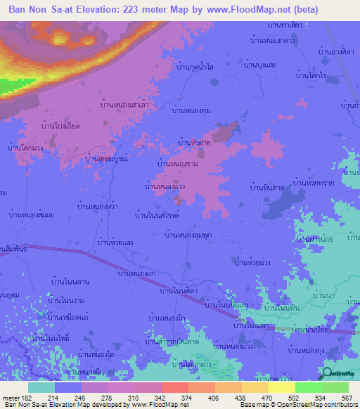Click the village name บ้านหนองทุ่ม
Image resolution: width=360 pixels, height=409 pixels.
point(191,110)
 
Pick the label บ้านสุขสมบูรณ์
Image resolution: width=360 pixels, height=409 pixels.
point(105,158)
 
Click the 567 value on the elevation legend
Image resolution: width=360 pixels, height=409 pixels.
point(347,398)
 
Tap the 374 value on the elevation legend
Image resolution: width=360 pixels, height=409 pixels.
point(186,398)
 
